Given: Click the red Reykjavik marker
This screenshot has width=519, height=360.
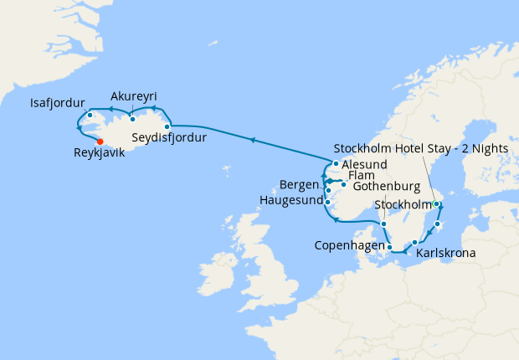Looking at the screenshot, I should [100, 141].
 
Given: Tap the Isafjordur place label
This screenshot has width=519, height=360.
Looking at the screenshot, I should [59, 104].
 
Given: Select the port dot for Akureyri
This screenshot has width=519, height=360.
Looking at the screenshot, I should [132, 119].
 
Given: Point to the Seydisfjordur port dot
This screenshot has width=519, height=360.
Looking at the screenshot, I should [168, 127].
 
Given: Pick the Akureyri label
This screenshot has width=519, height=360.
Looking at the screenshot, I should [133, 95].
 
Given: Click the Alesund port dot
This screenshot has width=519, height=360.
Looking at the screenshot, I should [336, 164].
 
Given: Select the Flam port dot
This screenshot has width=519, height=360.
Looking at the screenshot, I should [344, 184].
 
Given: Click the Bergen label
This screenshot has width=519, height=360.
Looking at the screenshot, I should [300, 184].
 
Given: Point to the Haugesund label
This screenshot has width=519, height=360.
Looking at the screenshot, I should [289, 201].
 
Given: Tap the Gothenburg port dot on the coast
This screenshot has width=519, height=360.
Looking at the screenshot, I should [383, 224].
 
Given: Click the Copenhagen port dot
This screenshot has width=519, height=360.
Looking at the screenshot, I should [390, 246].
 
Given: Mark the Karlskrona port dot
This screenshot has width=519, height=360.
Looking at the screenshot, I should [414, 242].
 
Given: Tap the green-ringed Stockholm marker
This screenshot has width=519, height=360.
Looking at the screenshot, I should [436, 204].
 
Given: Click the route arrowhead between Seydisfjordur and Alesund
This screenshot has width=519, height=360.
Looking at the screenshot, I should [253, 140].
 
